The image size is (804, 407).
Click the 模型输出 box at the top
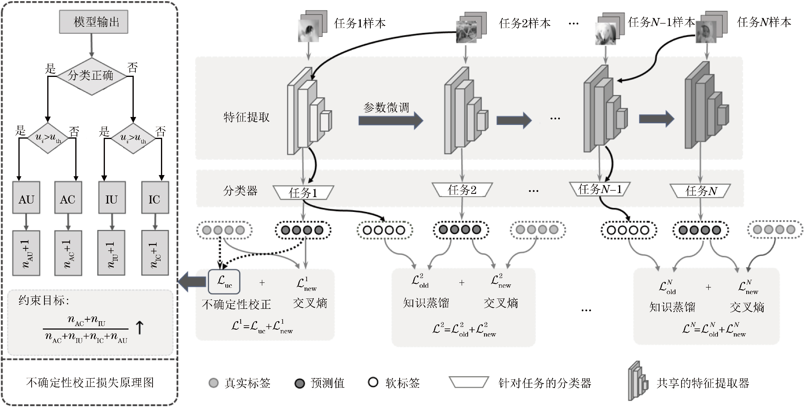[94, 22]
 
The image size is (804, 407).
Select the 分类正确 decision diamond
[91, 76]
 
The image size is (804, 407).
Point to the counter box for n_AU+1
[26, 253]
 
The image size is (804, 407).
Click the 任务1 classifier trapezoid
[303, 193]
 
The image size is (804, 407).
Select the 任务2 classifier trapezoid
[462, 189]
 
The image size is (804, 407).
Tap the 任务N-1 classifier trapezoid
[599, 189]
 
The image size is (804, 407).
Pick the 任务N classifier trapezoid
[700, 191]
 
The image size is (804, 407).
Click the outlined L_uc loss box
[224, 282]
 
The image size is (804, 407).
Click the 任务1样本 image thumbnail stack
[311, 27]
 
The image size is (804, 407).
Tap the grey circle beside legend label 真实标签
[213, 383]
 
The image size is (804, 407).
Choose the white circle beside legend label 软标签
[373, 383]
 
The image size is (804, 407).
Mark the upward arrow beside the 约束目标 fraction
[139, 327]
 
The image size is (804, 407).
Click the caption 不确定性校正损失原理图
[90, 383]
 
